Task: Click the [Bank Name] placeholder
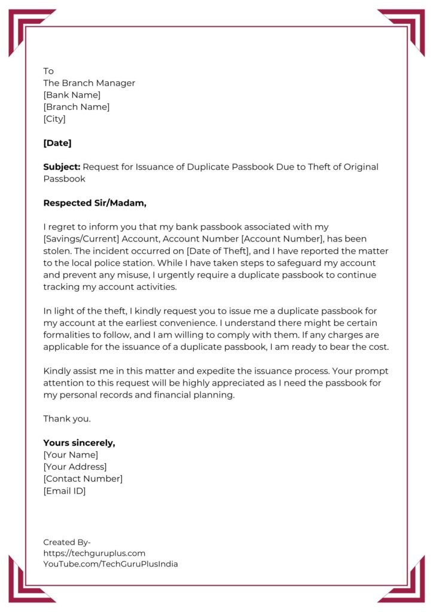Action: [72, 95]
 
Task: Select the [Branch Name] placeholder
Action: [76, 107]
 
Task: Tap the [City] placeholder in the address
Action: [54, 119]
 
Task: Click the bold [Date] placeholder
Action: [57, 143]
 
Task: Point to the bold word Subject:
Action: [62, 167]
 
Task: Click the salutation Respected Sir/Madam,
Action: [94, 203]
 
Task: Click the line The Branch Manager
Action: [89, 83]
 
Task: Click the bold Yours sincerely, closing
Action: [79, 443]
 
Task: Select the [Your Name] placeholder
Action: [71, 455]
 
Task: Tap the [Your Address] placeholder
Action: [75, 467]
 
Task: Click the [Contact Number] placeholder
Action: [83, 479]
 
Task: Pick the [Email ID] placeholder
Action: [65, 491]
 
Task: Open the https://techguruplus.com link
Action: [94, 553]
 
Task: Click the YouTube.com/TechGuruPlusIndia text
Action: [110, 564]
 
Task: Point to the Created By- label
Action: [67, 542]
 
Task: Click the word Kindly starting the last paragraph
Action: [57, 371]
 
